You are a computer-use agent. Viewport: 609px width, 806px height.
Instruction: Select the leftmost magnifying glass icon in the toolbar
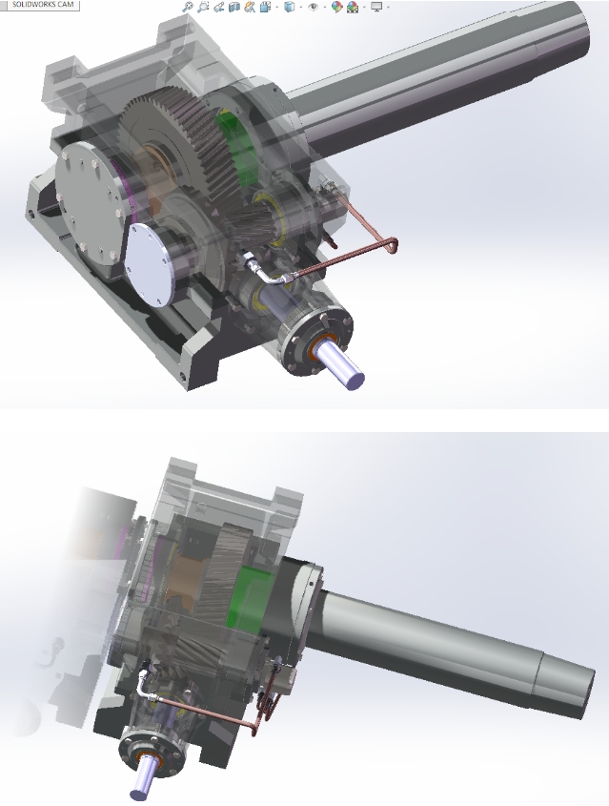click(188, 7)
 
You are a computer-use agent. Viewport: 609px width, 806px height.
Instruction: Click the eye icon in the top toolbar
click(313, 7)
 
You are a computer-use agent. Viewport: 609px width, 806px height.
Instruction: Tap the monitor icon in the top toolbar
click(376, 7)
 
